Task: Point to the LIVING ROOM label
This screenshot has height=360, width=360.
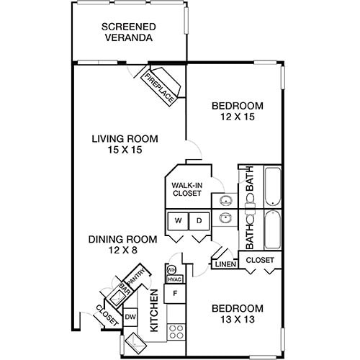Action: [125, 139]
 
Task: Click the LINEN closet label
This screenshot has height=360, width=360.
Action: [223, 265]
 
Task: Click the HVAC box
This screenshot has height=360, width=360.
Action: [174, 279]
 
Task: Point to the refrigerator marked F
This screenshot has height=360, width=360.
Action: [174, 294]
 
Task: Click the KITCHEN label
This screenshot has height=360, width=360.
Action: [153, 310]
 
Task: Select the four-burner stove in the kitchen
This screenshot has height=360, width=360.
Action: [174, 332]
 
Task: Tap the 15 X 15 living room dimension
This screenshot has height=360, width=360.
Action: [125, 150]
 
